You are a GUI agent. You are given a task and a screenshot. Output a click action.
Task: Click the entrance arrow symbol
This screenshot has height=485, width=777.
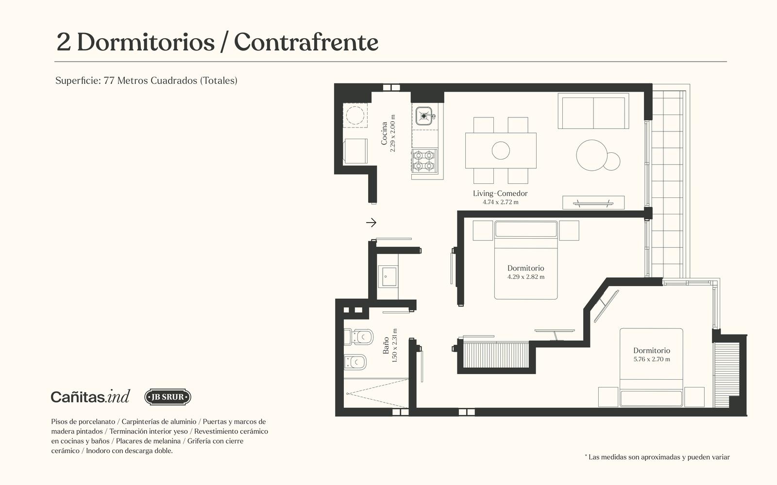point(371,223)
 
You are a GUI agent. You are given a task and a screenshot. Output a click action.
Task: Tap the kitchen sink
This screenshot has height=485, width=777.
point(424,116)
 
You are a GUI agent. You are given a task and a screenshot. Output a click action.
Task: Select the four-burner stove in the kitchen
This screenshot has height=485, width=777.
point(424,161)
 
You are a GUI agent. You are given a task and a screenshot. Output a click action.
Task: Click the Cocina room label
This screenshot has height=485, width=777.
point(384,133)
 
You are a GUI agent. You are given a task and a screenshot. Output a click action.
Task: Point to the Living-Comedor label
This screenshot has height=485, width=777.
point(500,194)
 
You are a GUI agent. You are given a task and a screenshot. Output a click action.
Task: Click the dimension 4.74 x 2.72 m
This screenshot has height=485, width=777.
point(501,202)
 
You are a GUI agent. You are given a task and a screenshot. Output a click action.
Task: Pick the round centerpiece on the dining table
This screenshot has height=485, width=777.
point(501,151)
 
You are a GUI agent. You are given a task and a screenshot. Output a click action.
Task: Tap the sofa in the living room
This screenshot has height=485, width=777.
point(593,111)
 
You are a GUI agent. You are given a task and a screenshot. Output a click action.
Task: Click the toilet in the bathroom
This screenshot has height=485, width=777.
point(358,337)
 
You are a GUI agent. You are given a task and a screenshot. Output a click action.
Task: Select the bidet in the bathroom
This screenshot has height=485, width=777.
point(355,362)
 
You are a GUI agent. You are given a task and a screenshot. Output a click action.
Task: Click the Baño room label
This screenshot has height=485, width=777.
point(386,346)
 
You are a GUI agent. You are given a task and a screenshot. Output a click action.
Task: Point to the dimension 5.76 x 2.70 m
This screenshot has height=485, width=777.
point(652,359)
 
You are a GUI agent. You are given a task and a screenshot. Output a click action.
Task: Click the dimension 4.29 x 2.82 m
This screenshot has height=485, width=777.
point(526,277)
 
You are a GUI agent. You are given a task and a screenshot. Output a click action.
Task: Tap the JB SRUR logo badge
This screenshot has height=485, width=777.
point(168,397)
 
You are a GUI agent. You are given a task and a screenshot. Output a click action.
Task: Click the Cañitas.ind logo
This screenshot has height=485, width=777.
point(90,396)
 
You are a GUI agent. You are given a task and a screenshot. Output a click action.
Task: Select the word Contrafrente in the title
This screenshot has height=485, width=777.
point(306,42)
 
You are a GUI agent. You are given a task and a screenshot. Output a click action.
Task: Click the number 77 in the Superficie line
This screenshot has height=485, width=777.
point(109,81)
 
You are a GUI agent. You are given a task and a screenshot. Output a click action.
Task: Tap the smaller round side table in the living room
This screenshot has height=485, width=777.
point(611,162)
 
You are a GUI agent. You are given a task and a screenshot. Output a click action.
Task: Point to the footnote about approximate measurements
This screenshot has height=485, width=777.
point(658,457)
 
